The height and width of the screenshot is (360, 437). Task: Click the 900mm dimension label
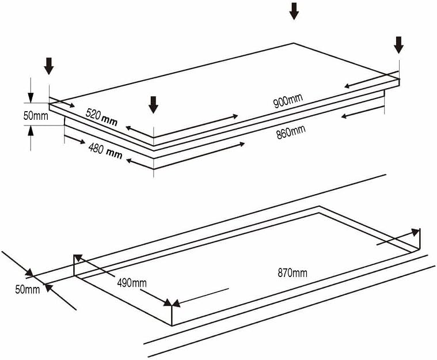click(288, 101)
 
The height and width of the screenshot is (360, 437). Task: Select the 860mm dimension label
click(291, 132)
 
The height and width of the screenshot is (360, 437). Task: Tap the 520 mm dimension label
click(101, 117)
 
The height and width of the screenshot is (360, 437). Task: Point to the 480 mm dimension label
click(105, 150)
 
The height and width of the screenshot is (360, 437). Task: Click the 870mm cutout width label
click(292, 272)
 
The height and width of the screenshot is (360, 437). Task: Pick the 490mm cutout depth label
click(132, 283)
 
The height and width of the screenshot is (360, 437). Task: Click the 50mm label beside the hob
click(36, 115)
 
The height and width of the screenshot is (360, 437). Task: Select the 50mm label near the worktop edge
click(27, 290)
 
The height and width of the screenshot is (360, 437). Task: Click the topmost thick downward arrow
click(294, 11)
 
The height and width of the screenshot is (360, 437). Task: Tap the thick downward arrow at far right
click(398, 45)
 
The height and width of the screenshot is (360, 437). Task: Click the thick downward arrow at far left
click(49, 66)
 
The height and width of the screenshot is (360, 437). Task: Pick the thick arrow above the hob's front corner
click(153, 105)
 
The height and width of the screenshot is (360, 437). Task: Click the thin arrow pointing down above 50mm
click(31, 90)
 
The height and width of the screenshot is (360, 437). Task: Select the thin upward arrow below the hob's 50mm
click(31, 138)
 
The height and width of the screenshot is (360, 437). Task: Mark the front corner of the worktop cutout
click(172, 325)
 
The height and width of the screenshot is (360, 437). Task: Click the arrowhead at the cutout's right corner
click(416, 232)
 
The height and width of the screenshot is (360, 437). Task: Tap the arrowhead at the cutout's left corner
click(78, 258)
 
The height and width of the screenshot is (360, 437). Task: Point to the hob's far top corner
click(294, 43)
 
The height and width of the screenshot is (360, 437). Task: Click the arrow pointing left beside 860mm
click(363, 112)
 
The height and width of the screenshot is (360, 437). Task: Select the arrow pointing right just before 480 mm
click(74, 139)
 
